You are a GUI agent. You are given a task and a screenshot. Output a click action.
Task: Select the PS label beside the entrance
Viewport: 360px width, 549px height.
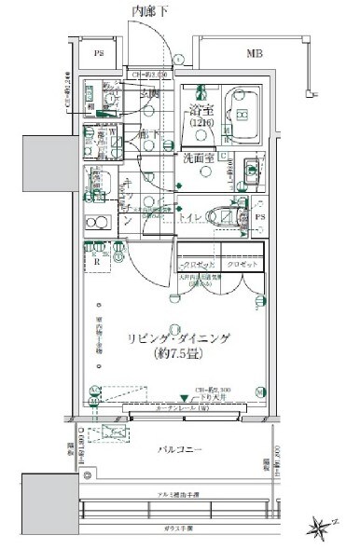99,54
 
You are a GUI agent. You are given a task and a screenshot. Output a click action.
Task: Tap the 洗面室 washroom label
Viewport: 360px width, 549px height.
200,158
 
